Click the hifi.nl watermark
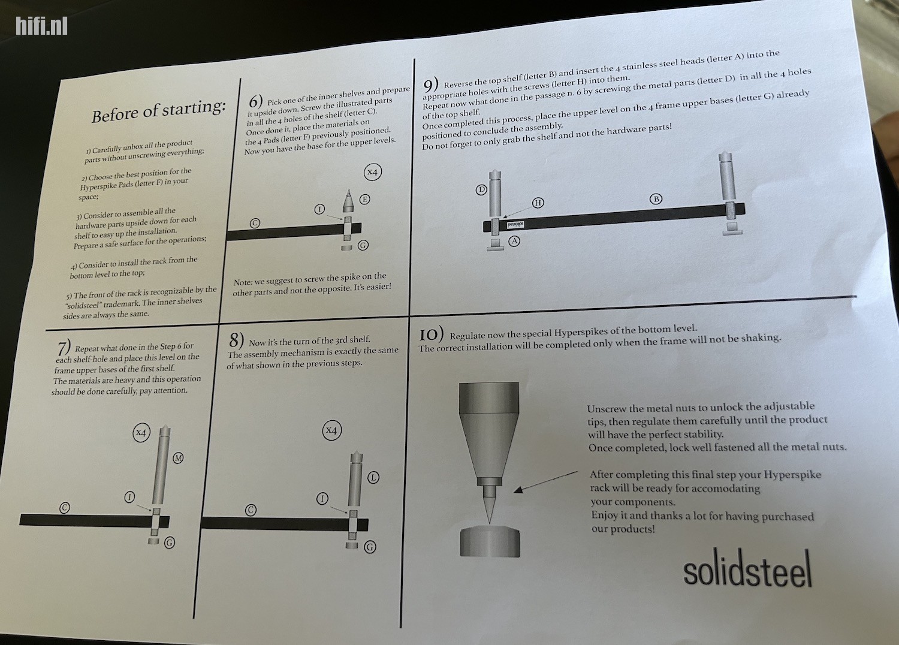pos(41,26)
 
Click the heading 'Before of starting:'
pos(159,110)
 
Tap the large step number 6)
pos(255,101)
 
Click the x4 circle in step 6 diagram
pos(372,173)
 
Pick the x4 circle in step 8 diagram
pos(331,430)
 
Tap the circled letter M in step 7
pos(178,459)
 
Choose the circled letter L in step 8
pos(373,478)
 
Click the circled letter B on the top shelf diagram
pos(656,199)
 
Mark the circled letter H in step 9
pos(538,203)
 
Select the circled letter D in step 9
pos(481,190)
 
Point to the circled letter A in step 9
pos(514,241)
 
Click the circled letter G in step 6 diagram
pos(363,245)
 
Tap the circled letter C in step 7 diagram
pos(65,508)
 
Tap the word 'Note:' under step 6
pos(243,282)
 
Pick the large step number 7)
pos(64,348)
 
